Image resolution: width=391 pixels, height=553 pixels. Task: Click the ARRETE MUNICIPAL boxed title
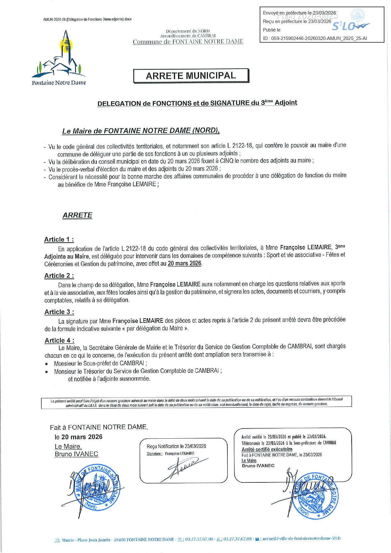point(191,76)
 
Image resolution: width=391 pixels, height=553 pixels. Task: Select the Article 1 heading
point(59,239)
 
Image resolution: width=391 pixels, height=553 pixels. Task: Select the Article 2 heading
point(59,276)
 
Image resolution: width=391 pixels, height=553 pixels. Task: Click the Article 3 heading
point(59,312)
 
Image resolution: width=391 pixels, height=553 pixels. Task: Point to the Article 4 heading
point(60,340)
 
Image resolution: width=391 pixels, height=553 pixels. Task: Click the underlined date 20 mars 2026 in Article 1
point(184,263)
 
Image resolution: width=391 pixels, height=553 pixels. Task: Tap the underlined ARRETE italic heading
point(78,215)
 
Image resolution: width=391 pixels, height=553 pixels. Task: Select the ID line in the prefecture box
point(315,38)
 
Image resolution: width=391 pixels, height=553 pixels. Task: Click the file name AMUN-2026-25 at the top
point(87,19)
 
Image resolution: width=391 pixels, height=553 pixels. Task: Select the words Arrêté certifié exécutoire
point(267,449)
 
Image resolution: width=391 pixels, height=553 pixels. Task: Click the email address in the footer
point(302,539)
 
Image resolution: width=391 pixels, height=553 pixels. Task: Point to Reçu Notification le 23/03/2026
point(176,446)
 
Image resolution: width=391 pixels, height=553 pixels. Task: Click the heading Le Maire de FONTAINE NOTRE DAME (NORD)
point(141,131)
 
